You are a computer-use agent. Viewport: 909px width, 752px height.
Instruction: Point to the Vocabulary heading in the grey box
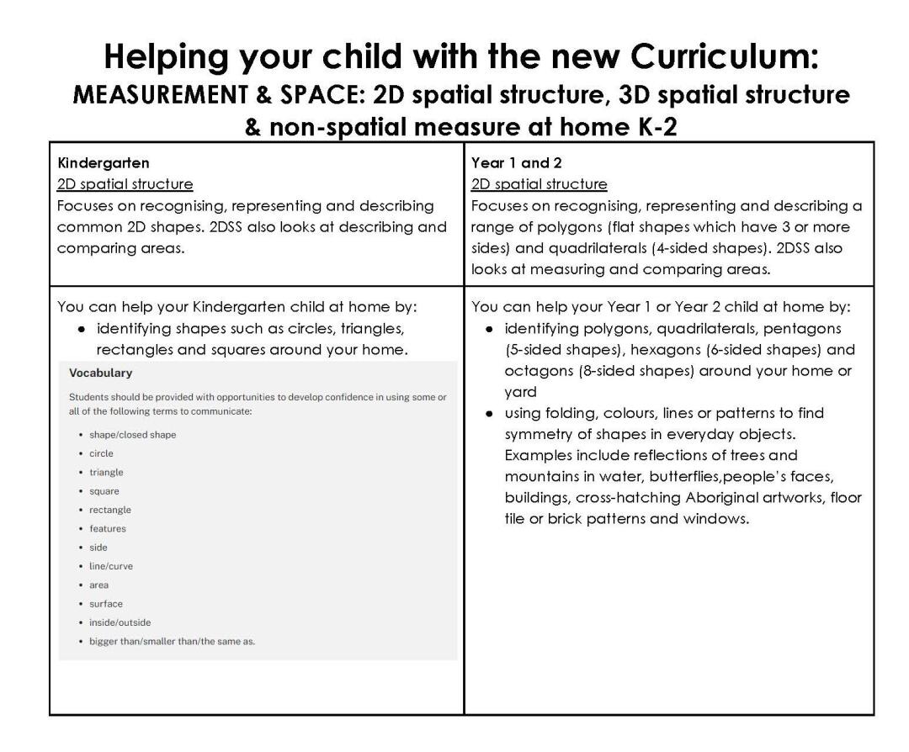101,373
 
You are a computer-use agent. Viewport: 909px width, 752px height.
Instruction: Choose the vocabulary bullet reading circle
101,453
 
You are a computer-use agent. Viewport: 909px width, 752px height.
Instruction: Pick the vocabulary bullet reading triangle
106,472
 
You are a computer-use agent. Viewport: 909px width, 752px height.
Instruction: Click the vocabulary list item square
104,491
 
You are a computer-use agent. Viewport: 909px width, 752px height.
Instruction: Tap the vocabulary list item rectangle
110,510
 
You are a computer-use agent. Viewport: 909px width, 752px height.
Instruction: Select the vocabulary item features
108,528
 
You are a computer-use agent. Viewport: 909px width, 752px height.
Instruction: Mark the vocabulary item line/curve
111,566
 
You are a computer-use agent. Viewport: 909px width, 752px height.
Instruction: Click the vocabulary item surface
106,603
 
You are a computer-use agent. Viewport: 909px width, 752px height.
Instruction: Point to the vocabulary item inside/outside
120,622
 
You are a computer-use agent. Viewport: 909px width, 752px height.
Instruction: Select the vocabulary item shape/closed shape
132,435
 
